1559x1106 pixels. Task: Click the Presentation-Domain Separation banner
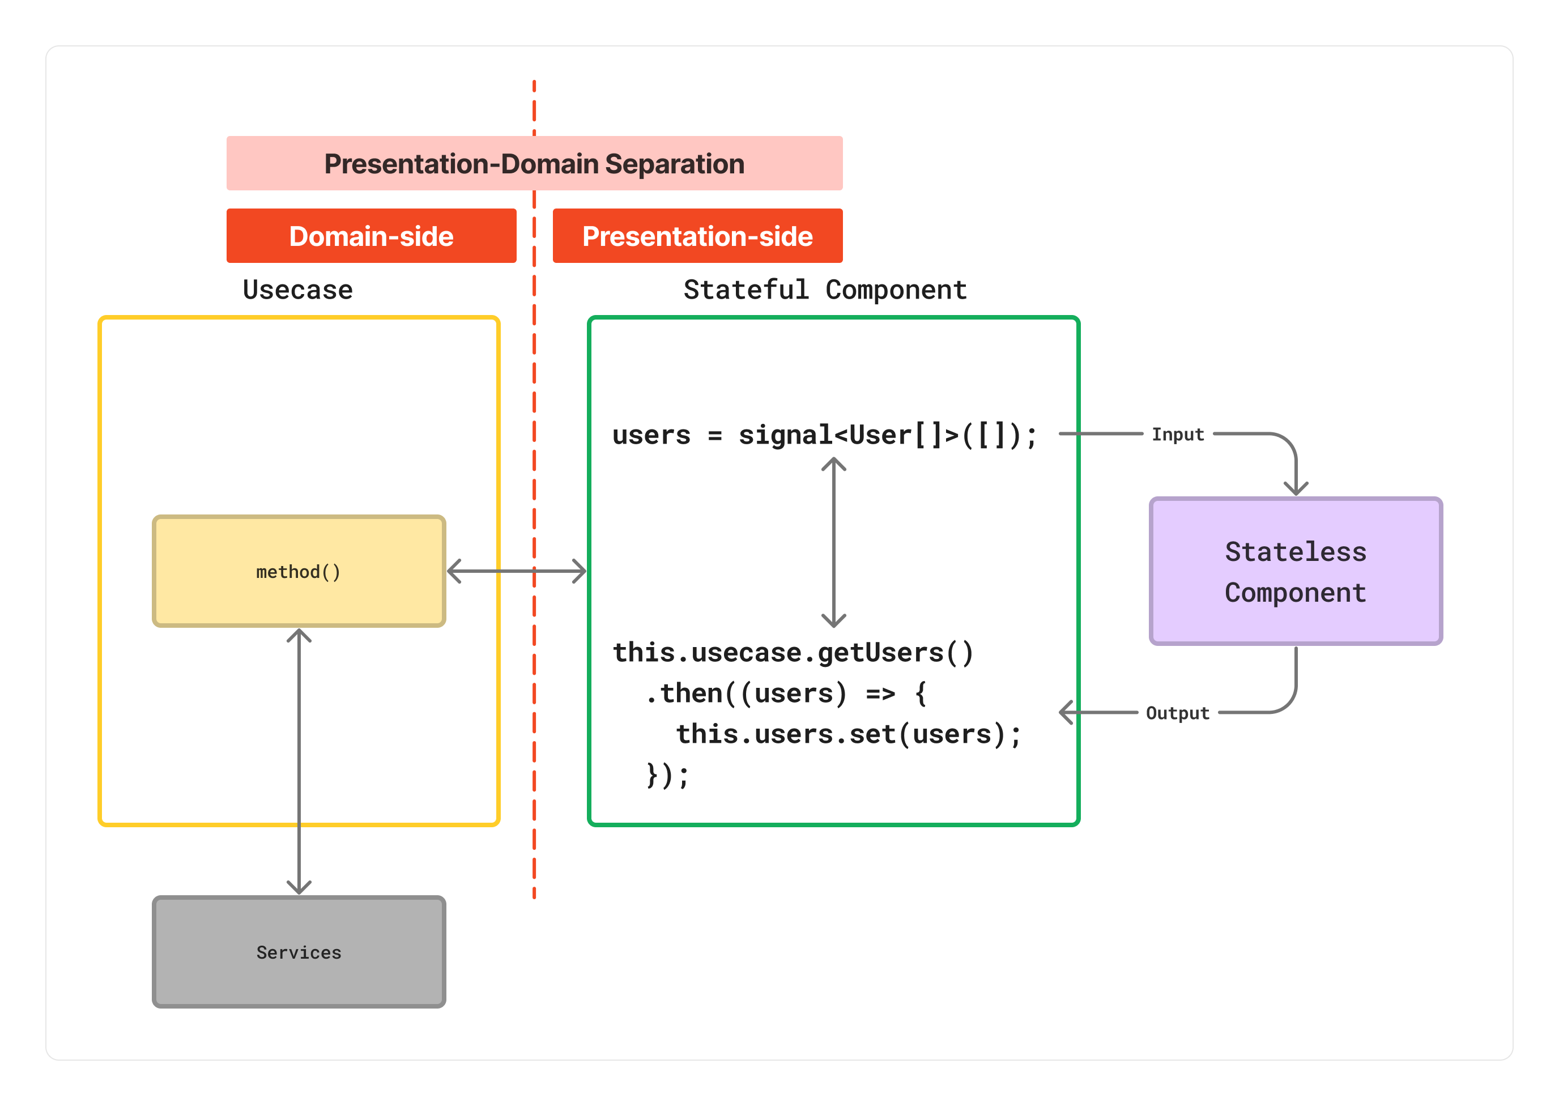click(534, 163)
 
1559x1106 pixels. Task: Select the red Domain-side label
click(371, 236)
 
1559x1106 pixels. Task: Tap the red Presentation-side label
click(697, 236)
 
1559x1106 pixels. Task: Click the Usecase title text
click(297, 290)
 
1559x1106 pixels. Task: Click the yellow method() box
click(298, 571)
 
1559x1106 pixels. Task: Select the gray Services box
click(298, 951)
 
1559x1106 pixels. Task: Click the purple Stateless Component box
click(1295, 571)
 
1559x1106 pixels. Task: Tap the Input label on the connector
click(1177, 434)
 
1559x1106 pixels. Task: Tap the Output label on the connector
click(1177, 712)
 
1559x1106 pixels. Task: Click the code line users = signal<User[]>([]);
click(824, 435)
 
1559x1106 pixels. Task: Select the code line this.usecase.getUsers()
click(793, 652)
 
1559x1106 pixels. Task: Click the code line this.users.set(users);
click(848, 734)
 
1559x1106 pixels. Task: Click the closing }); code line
click(667, 775)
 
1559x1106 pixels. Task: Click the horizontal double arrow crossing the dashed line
click(516, 571)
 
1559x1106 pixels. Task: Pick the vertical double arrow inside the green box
click(833, 542)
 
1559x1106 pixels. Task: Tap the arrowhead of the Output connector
click(1066, 712)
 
